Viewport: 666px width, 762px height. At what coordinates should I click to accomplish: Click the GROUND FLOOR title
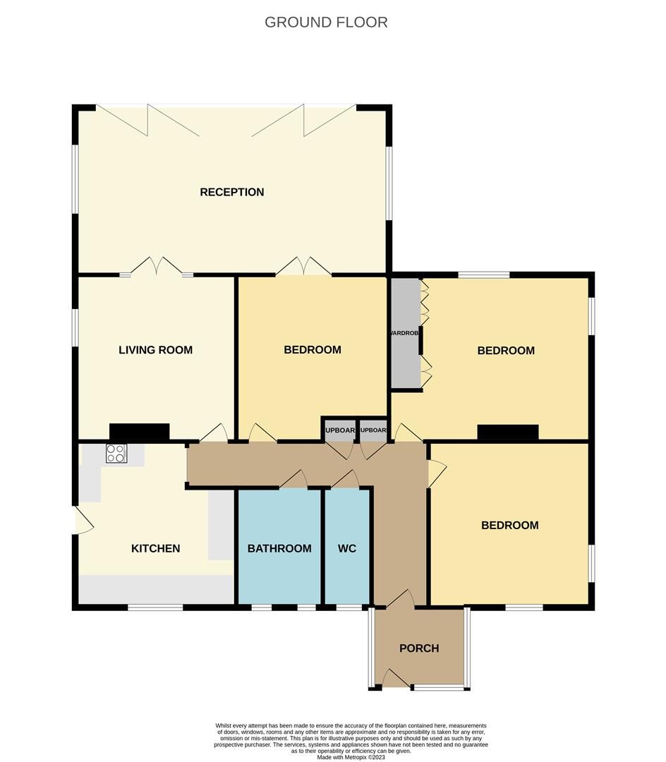click(326, 22)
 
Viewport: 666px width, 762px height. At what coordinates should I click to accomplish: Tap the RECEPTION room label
click(231, 192)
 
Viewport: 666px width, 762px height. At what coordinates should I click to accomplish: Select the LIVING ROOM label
click(155, 350)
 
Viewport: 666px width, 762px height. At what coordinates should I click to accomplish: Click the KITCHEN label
click(155, 548)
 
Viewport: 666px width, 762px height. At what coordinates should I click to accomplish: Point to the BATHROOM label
click(279, 548)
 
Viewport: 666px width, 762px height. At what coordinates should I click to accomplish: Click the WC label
click(346, 548)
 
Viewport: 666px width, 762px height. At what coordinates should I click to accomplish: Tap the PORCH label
click(419, 648)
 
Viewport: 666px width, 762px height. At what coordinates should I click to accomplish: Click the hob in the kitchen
click(116, 453)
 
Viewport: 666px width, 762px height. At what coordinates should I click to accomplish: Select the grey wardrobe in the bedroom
click(405, 333)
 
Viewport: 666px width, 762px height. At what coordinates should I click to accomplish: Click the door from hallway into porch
click(400, 599)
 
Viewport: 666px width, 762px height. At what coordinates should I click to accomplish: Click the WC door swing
click(345, 480)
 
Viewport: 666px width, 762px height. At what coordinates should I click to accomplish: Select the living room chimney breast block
click(139, 432)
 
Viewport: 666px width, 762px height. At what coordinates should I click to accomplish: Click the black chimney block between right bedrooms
click(508, 432)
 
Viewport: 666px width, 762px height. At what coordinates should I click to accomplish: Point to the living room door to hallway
click(214, 433)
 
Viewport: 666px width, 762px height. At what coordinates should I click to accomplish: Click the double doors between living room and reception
click(157, 267)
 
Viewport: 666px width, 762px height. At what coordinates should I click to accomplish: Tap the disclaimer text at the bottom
click(351, 741)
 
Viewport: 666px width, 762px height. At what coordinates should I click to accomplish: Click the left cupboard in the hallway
click(339, 430)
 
